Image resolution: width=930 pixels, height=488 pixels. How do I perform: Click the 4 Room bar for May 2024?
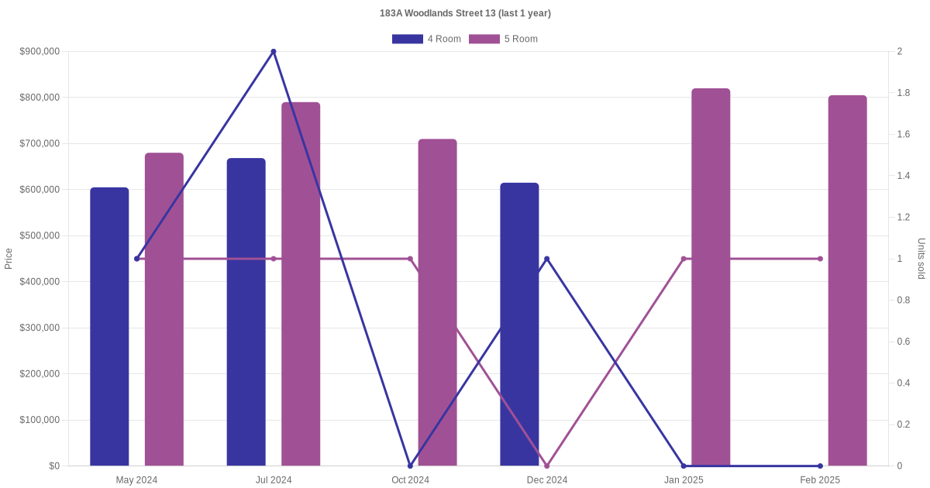pyautogui.click(x=109, y=327)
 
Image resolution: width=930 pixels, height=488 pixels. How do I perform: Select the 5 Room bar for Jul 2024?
pyautogui.click(x=301, y=284)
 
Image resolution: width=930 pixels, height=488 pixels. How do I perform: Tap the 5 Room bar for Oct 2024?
pyautogui.click(x=437, y=303)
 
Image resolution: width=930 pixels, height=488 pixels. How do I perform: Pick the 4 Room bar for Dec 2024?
pyautogui.click(x=519, y=325)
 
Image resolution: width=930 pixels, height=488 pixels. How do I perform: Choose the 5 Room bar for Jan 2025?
pyautogui.click(x=711, y=277)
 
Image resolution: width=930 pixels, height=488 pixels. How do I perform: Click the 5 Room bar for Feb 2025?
pyautogui.click(x=847, y=280)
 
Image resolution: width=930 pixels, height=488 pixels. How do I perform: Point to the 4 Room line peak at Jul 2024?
pyautogui.click(x=274, y=52)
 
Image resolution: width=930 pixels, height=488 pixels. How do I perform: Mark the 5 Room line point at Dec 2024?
pyautogui.click(x=547, y=466)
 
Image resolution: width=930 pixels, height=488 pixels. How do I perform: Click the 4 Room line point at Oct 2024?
pyautogui.click(x=410, y=466)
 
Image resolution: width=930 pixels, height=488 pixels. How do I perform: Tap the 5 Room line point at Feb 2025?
pyautogui.click(x=820, y=259)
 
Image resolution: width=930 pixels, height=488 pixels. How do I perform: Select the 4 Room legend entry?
pyautogui.click(x=426, y=39)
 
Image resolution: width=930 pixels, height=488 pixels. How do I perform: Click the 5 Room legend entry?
pyautogui.click(x=503, y=39)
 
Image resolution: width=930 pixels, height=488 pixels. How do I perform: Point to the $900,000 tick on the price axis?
pyautogui.click(x=40, y=52)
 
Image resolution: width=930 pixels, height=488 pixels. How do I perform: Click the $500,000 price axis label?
pyautogui.click(x=40, y=235)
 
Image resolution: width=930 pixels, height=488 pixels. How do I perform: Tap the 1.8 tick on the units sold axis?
pyautogui.click(x=904, y=93)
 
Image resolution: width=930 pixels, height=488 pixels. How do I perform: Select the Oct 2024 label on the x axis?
pyautogui.click(x=410, y=480)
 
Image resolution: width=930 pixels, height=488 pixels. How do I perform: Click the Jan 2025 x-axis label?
pyautogui.click(x=684, y=480)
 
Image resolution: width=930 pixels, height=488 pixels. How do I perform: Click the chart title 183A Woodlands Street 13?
pyautogui.click(x=465, y=13)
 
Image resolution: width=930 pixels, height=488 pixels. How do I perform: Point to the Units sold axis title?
pyautogui.click(x=921, y=259)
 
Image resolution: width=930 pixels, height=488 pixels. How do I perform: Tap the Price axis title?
pyautogui.click(x=9, y=259)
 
